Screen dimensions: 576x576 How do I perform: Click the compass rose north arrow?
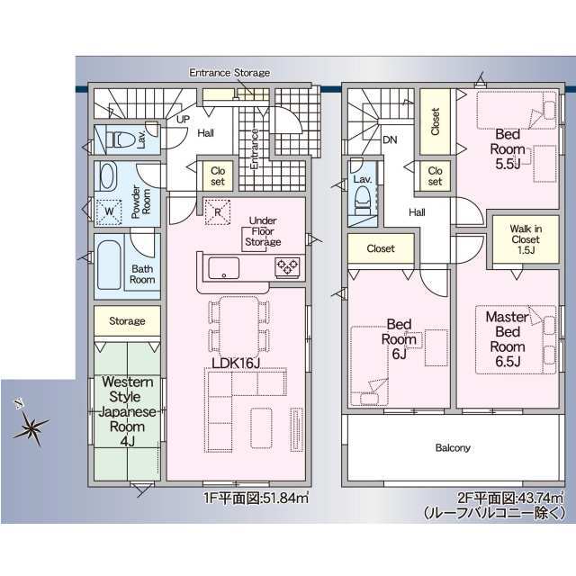(31, 426)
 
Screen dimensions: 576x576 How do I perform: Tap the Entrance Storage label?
(229, 73)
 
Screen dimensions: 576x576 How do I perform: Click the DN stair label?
(390, 140)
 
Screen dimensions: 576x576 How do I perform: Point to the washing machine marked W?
(109, 211)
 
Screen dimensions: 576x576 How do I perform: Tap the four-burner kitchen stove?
(287, 266)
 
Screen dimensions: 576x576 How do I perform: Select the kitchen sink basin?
(224, 267)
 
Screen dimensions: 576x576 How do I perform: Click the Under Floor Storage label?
(264, 231)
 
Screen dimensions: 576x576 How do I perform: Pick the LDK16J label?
(236, 364)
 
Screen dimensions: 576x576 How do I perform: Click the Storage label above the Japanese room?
(127, 320)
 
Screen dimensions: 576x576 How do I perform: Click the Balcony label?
(453, 447)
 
